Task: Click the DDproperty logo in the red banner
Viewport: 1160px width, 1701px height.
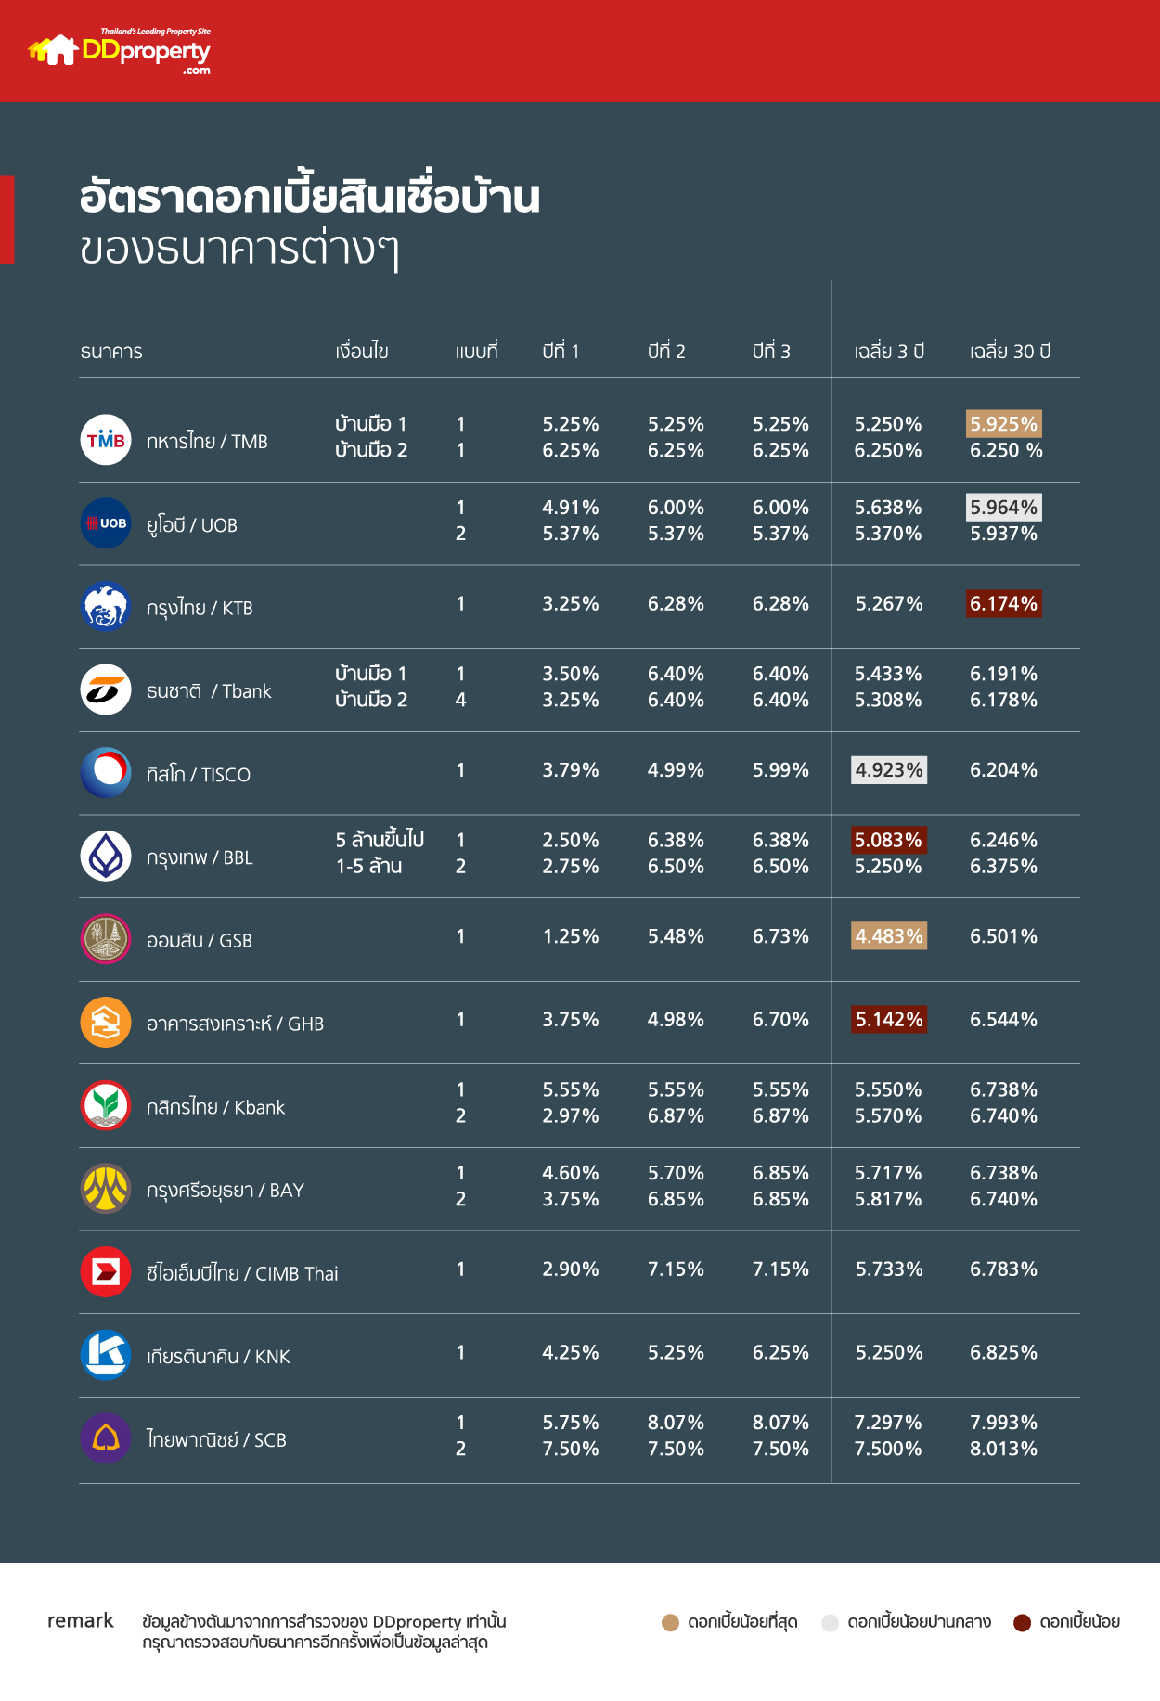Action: [121, 51]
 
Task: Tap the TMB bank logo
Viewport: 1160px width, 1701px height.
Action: [106, 440]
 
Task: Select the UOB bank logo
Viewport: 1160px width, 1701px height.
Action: [106, 523]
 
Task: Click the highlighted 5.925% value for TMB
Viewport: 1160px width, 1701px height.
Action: [1003, 424]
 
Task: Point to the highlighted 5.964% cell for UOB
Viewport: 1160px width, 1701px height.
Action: [1003, 508]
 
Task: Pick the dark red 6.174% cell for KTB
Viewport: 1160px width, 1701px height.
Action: [1003, 604]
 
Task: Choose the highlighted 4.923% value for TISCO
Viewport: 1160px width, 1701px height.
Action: [889, 770]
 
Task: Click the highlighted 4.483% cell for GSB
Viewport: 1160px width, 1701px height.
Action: [889, 936]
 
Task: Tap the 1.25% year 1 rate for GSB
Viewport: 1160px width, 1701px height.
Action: [571, 936]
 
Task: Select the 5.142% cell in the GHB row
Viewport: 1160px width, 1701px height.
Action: [889, 1020]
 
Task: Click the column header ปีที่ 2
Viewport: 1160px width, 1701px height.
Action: [666, 352]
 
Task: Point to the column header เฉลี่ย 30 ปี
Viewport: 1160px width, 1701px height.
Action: [1010, 352]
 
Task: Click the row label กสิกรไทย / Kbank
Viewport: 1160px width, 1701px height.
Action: [215, 1107]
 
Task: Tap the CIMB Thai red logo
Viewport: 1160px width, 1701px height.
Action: [106, 1271]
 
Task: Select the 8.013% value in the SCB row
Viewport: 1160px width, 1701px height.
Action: [1003, 1449]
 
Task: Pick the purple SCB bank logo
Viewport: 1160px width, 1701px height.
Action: [106, 1438]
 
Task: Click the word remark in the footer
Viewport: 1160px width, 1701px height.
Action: [81, 1620]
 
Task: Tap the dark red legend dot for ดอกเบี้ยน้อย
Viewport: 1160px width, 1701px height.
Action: [1022, 1622]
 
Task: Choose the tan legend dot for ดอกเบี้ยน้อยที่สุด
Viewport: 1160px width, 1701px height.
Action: [670, 1622]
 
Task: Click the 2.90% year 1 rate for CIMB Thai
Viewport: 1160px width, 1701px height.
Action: [571, 1269]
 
